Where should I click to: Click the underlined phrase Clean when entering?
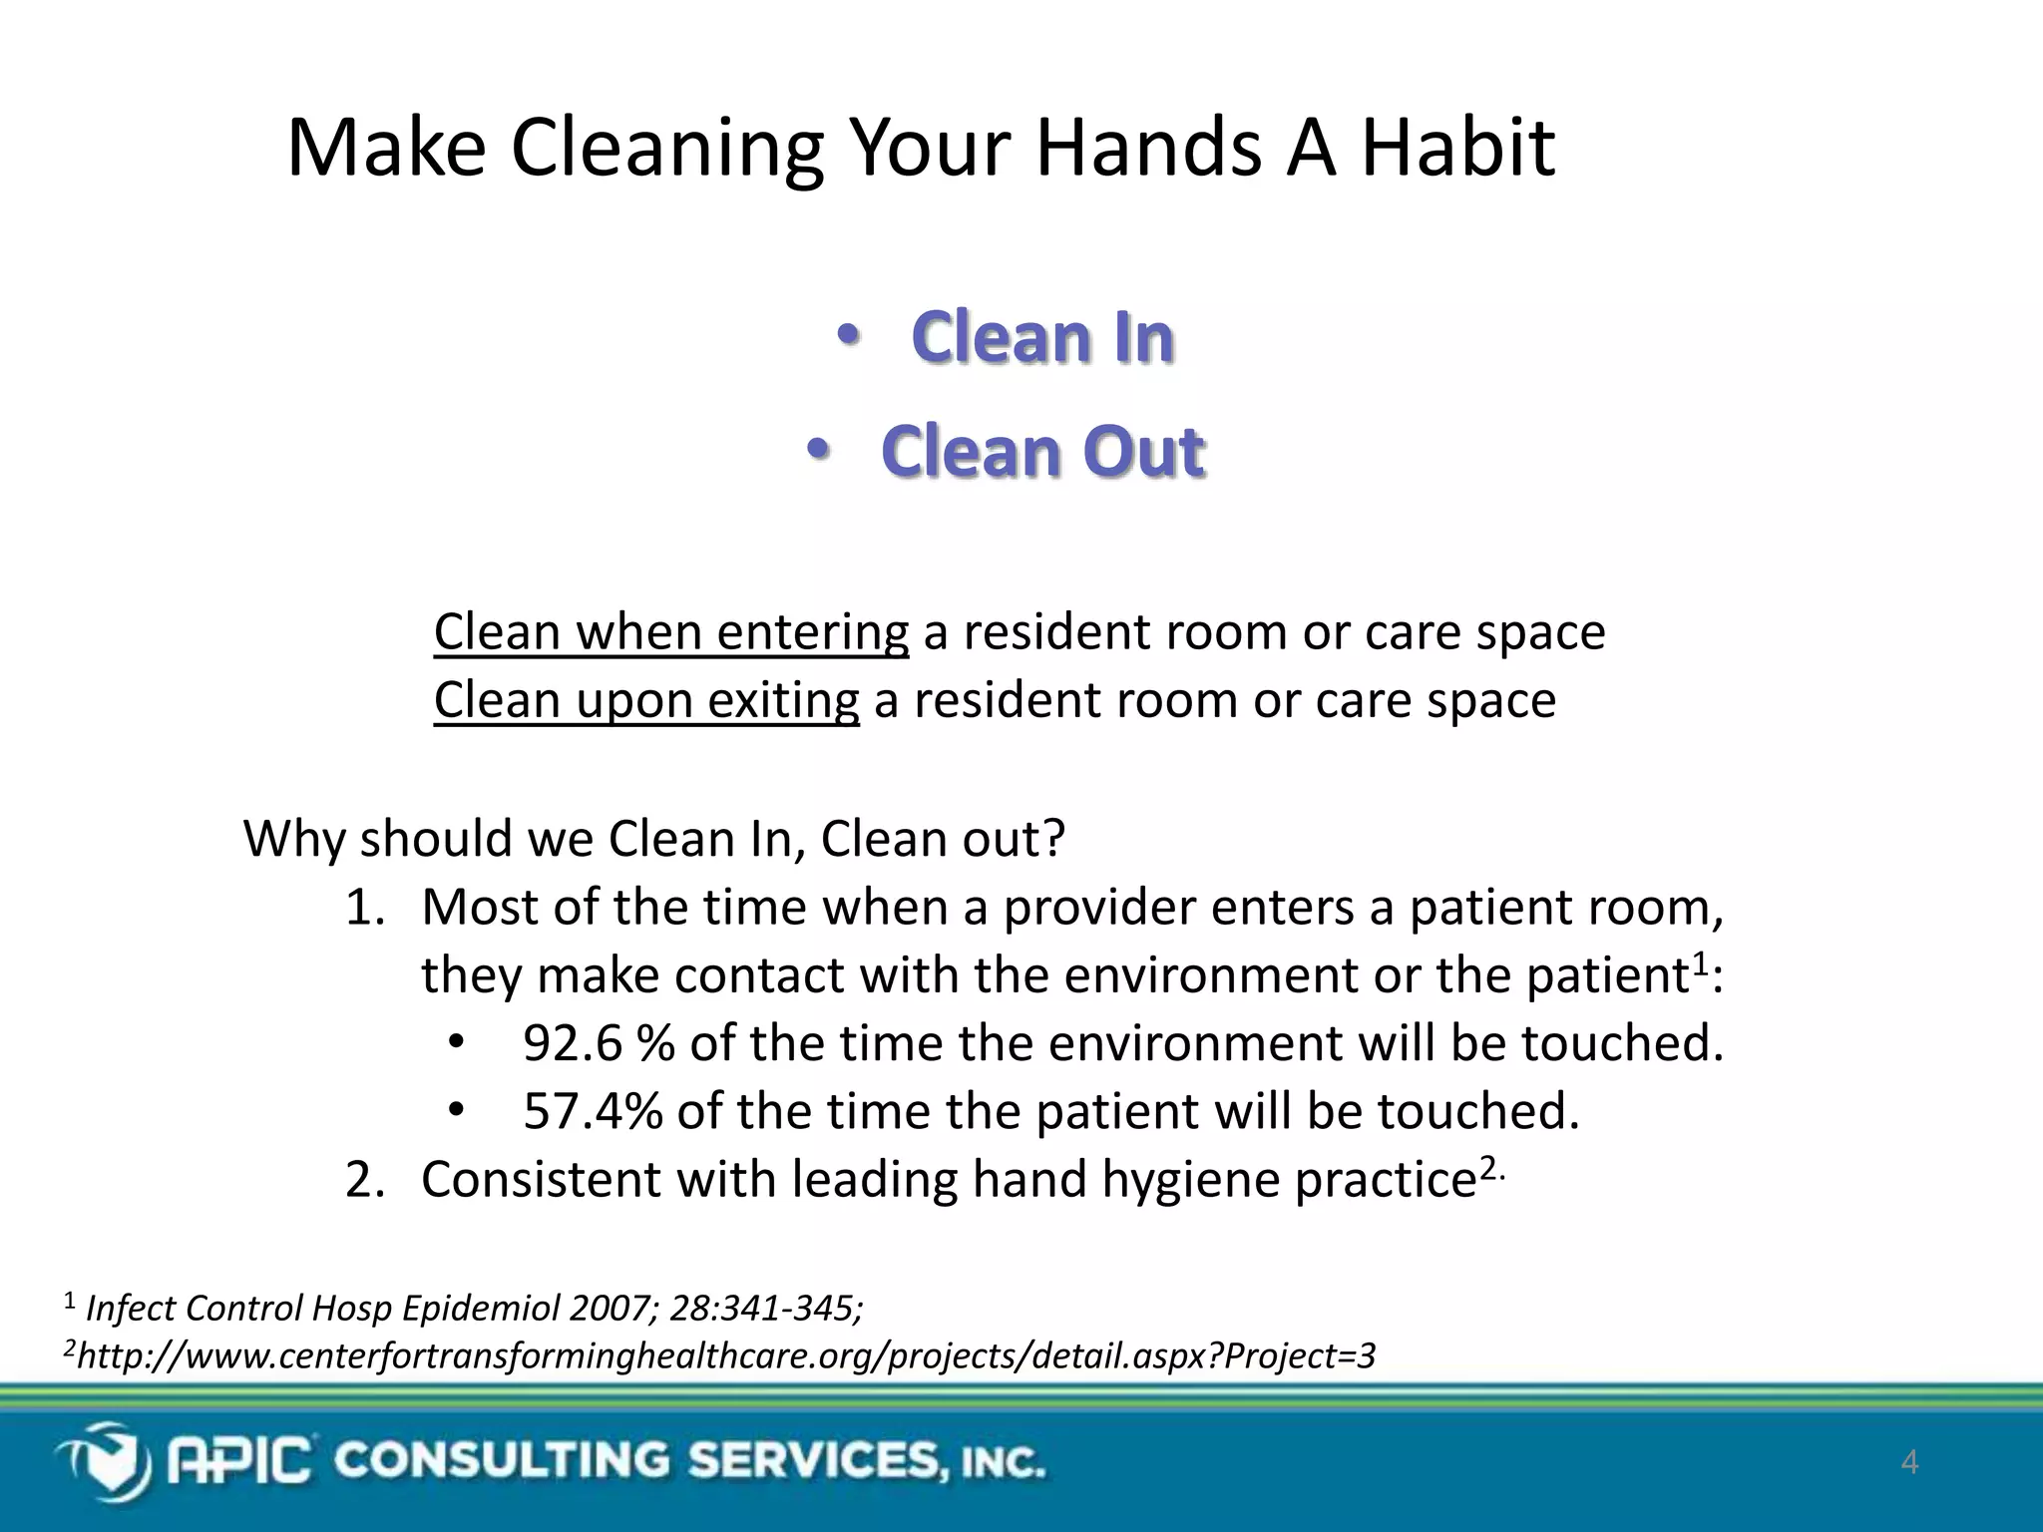click(670, 632)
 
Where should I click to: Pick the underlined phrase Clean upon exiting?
click(646, 700)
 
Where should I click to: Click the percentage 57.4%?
click(593, 1111)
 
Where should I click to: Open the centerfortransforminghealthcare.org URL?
click(726, 1356)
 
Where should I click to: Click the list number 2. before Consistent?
click(364, 1181)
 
